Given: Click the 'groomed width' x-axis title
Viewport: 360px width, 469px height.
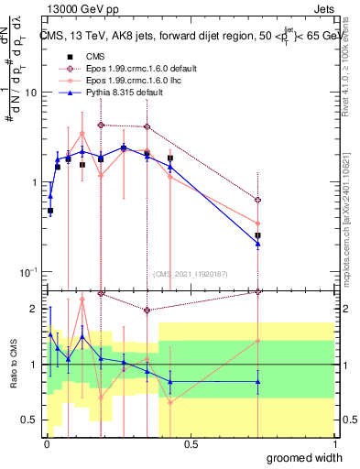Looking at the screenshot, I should (305, 457).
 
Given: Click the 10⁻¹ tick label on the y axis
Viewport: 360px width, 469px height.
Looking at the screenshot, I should (27, 272).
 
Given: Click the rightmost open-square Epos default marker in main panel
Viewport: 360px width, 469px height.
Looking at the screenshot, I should (258, 200).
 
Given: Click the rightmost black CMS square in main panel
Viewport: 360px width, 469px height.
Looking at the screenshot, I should (258, 235).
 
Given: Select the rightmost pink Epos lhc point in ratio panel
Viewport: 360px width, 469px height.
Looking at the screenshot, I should (258, 341).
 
